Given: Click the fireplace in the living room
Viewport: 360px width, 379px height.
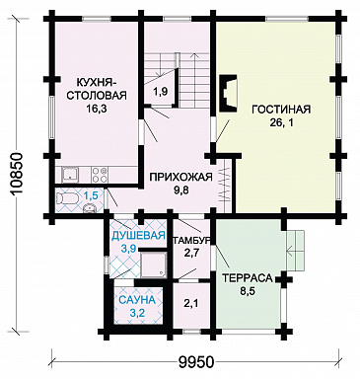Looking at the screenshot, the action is pos(228,94).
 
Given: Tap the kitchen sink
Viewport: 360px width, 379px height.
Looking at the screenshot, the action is pos(71,174).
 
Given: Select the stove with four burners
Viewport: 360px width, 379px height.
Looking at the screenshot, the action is pos(100,175).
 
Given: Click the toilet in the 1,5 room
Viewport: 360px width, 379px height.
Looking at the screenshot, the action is pos(67,198).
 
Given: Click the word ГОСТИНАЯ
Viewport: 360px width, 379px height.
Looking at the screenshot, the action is pos(281,110).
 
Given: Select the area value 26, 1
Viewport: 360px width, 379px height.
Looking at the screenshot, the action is pos(281,122).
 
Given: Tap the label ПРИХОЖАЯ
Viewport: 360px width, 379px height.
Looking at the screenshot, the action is pos(181,177).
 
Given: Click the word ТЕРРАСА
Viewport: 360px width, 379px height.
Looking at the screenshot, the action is pos(248,278).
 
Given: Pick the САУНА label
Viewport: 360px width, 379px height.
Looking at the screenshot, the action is pos(136,300).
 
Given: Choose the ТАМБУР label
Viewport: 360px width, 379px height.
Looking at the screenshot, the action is pos(191,241).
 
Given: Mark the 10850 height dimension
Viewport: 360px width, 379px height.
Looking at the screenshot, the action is pos(16,176).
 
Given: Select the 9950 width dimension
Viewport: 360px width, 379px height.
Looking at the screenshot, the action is pos(196,362).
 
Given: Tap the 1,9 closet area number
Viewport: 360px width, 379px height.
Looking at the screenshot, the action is pos(161,93).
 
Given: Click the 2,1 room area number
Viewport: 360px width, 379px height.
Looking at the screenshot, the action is pos(190,303).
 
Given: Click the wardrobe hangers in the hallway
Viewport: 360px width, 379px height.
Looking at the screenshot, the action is pos(225,186).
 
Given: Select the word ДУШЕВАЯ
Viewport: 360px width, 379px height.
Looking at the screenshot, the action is pos(138,236).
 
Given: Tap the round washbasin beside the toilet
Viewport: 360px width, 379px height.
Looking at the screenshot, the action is pos(89,208).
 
